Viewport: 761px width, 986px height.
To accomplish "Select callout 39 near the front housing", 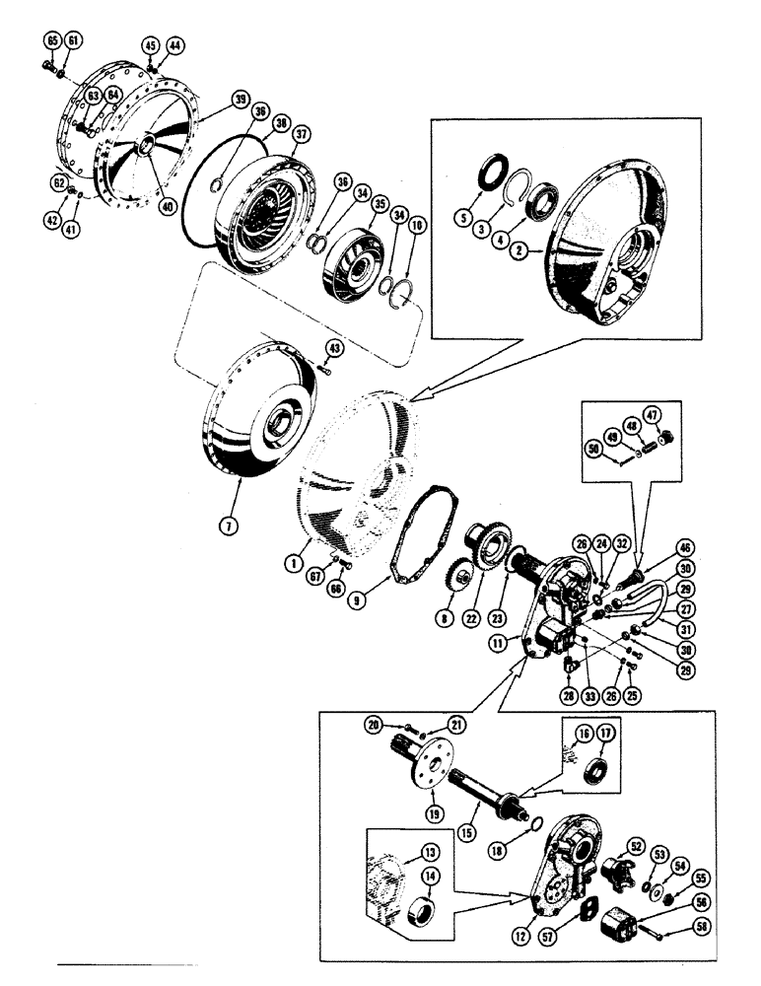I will (241, 102).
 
